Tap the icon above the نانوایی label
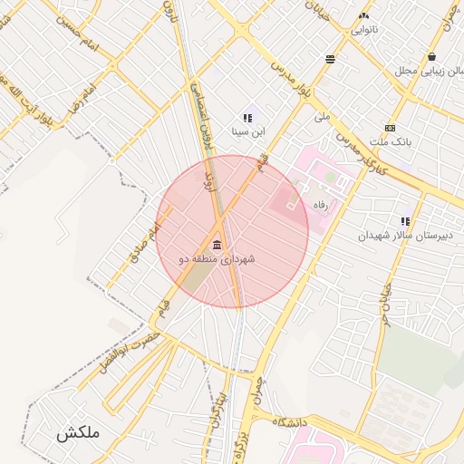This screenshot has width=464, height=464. (364, 15)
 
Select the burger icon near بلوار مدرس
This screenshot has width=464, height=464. (330, 59)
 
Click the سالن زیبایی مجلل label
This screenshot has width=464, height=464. (429, 71)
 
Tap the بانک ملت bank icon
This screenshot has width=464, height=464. (391, 128)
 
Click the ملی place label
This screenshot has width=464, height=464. (322, 116)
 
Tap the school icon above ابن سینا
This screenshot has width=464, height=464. (246, 118)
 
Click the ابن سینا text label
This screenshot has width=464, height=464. (249, 132)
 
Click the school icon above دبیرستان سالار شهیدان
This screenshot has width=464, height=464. (405, 221)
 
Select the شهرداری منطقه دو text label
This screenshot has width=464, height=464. (217, 259)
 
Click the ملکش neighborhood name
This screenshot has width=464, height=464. (76, 433)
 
